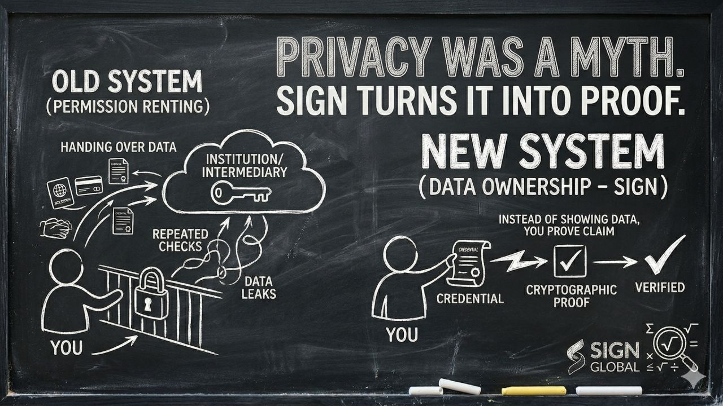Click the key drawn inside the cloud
pos(241,194)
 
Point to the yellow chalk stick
pos(533,390)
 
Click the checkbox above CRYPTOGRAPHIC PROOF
pos(569,261)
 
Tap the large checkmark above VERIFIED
pos(664,257)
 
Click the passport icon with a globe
pos(61,190)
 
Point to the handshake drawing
pos(55,227)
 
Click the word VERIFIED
pos(659,288)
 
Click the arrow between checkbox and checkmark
pos(616,262)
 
